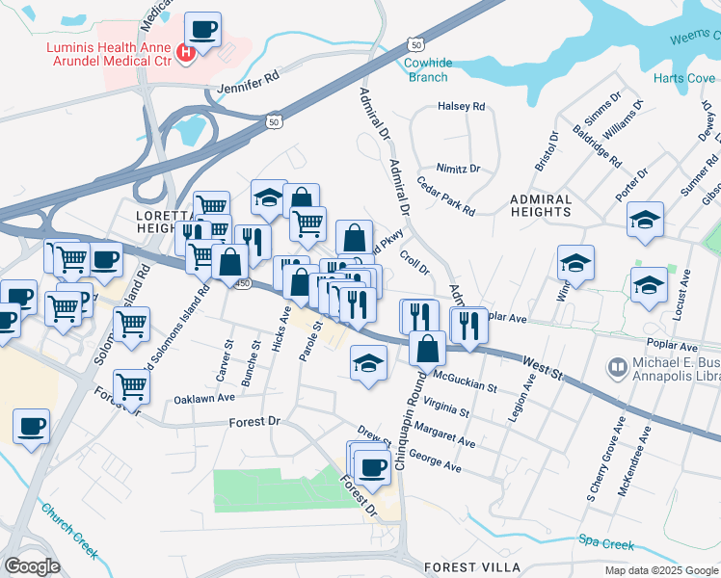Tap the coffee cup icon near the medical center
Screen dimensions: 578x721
pyautogui.click(x=202, y=30)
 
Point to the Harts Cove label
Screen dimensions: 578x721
pyautogui.click(x=682, y=78)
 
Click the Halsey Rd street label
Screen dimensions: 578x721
pyautogui.click(x=461, y=107)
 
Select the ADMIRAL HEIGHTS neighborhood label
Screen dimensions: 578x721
pyautogui.click(x=553, y=205)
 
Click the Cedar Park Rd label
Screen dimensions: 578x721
pyautogui.click(x=445, y=195)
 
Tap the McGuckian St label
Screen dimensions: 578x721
pyautogui.click(x=465, y=381)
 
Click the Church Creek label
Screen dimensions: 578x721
pyautogui.click(x=69, y=529)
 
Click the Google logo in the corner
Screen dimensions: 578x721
pyautogui.click(x=31, y=566)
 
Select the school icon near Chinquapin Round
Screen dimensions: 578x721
pyautogui.click(x=366, y=363)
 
